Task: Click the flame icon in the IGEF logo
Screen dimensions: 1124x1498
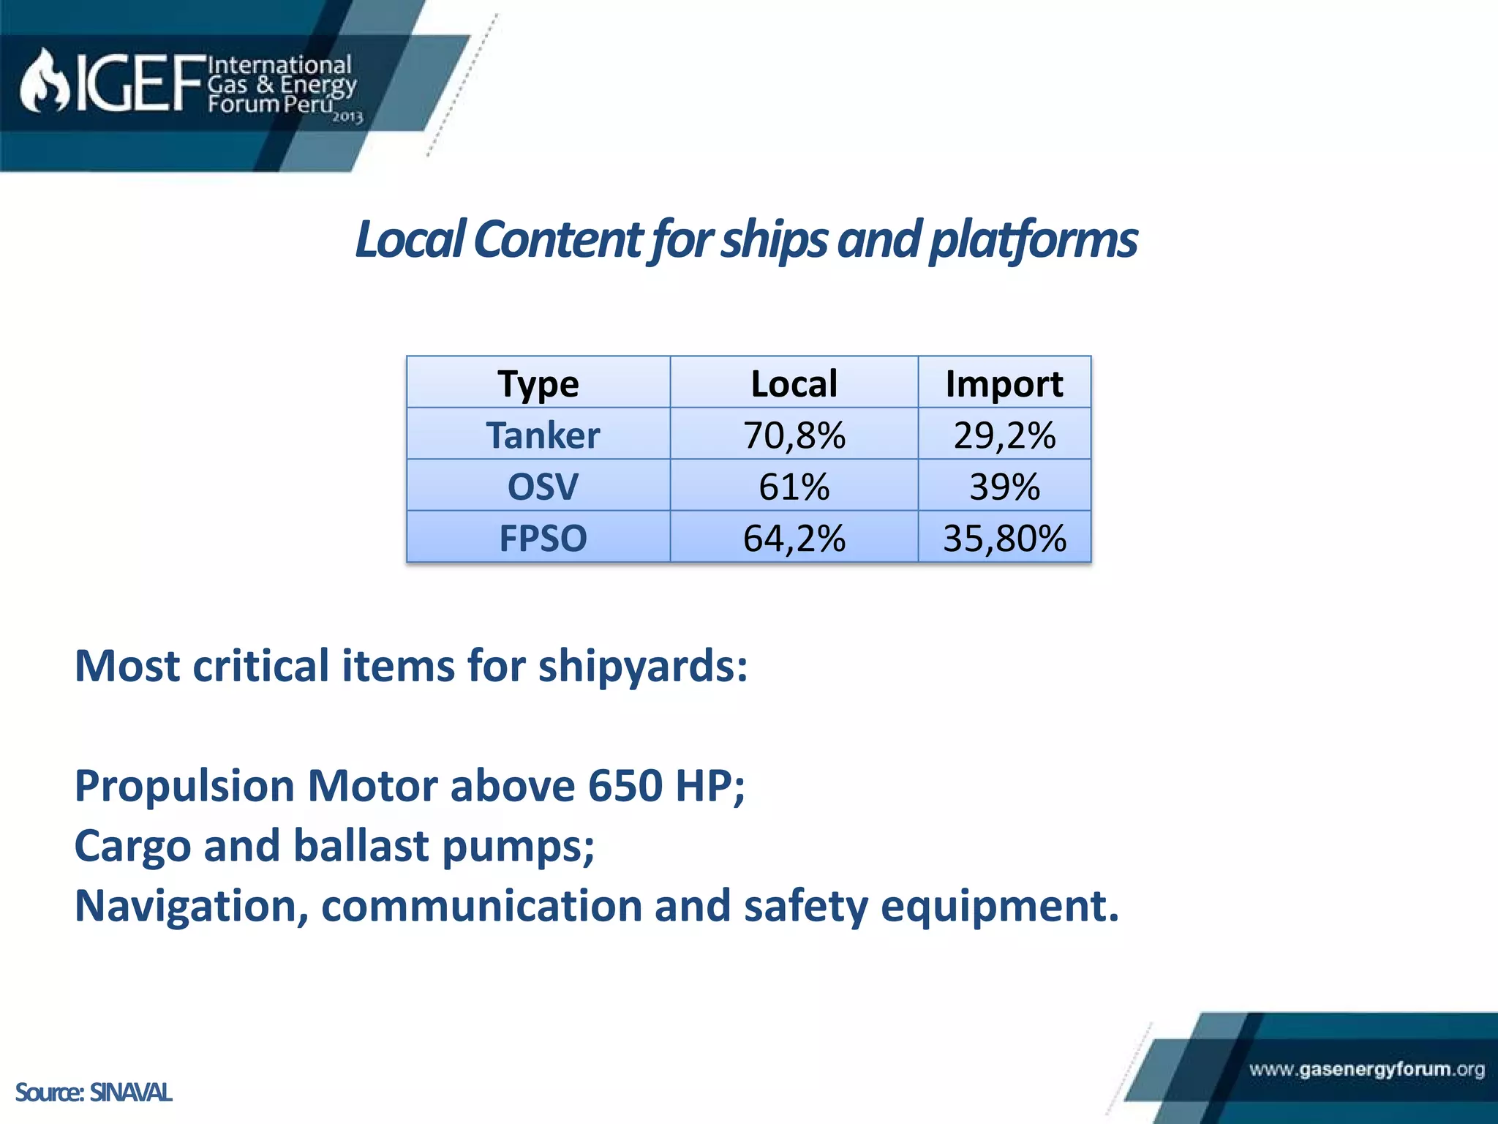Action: click(x=44, y=82)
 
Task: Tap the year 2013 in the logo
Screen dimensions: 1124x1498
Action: click(x=347, y=117)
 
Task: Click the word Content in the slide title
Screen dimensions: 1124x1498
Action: click(x=558, y=240)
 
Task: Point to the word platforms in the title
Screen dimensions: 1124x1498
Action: click(x=1033, y=240)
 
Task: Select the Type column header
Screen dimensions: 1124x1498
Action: click(x=538, y=383)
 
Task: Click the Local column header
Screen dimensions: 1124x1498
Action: click(x=794, y=383)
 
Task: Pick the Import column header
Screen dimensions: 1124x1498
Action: click(x=1004, y=383)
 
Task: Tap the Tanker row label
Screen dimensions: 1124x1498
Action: click(x=542, y=435)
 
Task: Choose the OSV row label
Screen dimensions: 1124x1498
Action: click(x=542, y=487)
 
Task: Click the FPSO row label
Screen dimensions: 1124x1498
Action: click(x=542, y=538)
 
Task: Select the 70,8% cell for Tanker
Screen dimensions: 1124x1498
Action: click(x=794, y=435)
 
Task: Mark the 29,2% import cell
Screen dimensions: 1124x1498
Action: click(x=1004, y=435)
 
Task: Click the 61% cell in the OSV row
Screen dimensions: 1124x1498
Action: click(x=794, y=487)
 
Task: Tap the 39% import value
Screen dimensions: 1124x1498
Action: click(x=1004, y=487)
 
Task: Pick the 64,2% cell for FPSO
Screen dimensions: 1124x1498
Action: click(x=794, y=538)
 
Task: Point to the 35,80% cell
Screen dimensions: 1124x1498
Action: click(x=1004, y=538)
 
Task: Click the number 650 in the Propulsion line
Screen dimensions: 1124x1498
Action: click(x=625, y=786)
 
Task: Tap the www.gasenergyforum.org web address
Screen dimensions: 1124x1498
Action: click(x=1366, y=1069)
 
